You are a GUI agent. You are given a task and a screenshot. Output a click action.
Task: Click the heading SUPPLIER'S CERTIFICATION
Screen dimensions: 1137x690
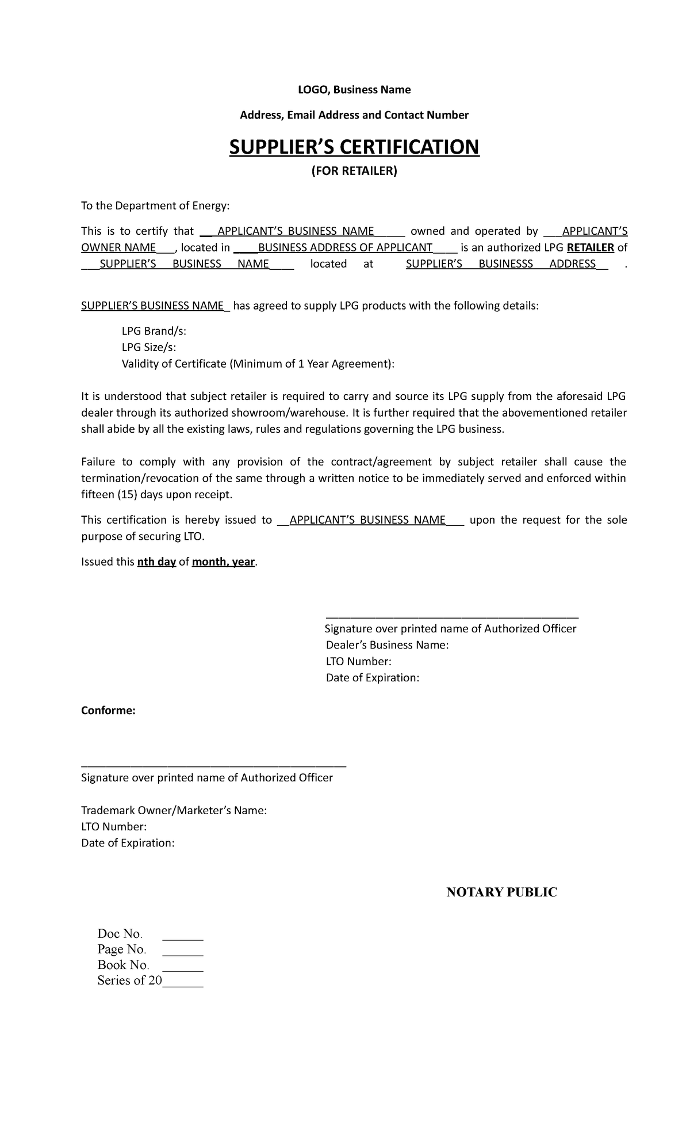(354, 147)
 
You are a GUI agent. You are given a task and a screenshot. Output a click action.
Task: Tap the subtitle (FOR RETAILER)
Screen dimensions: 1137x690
(354, 171)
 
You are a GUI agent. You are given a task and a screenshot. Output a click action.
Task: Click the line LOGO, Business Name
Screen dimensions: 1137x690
(354, 90)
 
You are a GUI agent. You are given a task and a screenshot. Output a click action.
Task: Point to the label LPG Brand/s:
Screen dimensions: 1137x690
(154, 331)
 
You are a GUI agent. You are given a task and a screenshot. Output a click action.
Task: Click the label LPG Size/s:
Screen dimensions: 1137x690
(149, 348)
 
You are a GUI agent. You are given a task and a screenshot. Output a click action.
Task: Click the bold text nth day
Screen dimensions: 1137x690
(156, 562)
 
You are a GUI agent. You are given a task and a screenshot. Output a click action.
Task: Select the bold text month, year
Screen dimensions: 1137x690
(223, 562)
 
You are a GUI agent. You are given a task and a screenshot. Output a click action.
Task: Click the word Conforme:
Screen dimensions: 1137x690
(108, 711)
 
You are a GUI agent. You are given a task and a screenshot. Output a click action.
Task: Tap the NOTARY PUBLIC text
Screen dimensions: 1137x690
(502, 892)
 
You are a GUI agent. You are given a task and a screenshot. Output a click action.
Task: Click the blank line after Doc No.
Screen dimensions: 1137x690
(183, 934)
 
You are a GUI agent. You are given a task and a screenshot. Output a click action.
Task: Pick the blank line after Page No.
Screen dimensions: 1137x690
(183, 950)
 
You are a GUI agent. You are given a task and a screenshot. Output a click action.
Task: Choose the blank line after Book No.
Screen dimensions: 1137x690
(183, 966)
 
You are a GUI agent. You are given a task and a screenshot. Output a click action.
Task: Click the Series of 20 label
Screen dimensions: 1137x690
(129, 981)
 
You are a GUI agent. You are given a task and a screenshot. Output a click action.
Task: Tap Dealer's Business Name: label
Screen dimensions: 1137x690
(387, 645)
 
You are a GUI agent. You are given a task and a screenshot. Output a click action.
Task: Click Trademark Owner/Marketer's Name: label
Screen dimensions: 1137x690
(174, 811)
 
